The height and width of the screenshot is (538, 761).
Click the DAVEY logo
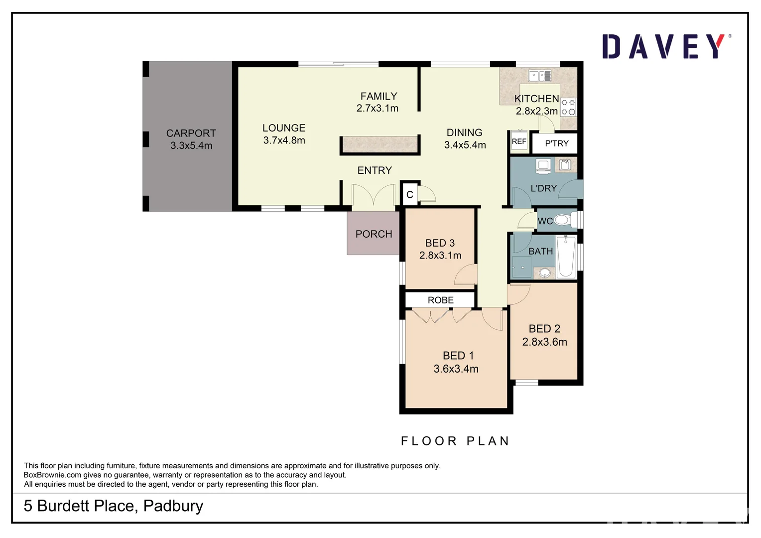tap(666, 47)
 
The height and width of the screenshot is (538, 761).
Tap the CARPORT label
tap(191, 134)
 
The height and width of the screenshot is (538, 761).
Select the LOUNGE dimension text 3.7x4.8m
tap(284, 140)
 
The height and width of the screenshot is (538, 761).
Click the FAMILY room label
tap(379, 96)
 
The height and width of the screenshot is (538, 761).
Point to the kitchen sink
tap(539, 76)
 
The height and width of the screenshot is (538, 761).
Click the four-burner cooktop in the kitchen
tap(568, 107)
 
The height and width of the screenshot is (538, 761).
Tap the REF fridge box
tap(519, 141)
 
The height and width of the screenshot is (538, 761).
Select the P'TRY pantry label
tap(556, 143)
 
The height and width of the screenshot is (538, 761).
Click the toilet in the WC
tap(563, 220)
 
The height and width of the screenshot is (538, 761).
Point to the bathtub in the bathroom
tap(566, 257)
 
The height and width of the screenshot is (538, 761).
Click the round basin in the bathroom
tap(545, 273)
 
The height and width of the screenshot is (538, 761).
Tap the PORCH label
tap(374, 234)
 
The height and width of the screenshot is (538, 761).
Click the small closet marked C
tap(409, 195)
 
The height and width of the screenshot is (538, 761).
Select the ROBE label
tap(440, 300)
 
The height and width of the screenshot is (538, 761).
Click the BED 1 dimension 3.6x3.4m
tap(456, 369)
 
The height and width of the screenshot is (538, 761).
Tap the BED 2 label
tap(544, 329)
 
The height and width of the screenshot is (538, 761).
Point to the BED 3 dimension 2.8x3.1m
tap(440, 256)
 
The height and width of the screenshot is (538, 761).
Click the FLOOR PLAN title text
tap(455, 441)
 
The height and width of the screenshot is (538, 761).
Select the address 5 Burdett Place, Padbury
tap(114, 506)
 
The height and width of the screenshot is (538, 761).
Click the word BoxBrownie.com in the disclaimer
tap(52, 475)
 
